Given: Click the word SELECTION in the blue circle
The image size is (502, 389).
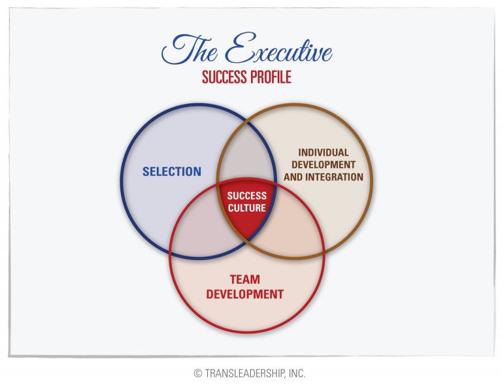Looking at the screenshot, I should point(172,172).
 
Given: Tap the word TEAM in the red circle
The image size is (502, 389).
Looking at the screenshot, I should point(245,280).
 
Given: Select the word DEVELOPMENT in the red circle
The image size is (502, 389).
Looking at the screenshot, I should point(245,294).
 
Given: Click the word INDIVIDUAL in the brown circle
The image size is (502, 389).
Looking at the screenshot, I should point(324,152).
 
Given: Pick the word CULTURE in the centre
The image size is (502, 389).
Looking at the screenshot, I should point(246,208).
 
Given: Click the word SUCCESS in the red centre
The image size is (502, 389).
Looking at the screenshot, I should point(246,195).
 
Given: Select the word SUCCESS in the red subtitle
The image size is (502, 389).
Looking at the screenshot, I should point(223,76).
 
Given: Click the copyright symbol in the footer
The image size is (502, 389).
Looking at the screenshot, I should point(198,374).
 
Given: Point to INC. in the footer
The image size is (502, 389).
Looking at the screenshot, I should point(295,374).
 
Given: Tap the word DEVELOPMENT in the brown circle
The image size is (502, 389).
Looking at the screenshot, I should point(324,165).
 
